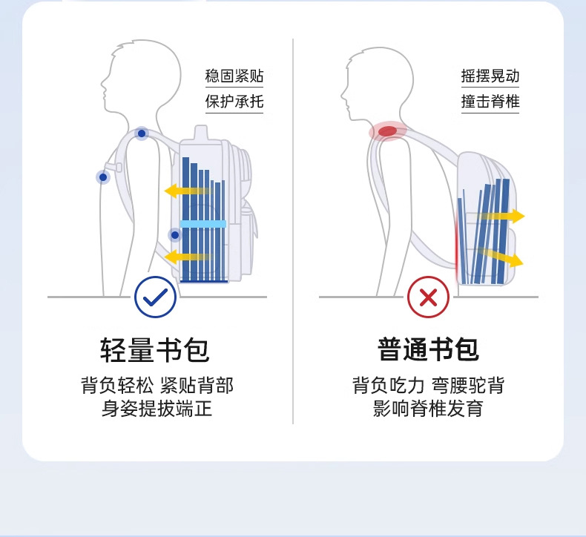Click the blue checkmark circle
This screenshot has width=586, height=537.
[156, 297]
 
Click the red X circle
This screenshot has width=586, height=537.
[428, 297]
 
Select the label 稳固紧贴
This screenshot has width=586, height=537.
[234, 76]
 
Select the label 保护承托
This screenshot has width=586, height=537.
[234, 102]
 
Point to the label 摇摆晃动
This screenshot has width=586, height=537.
[490, 76]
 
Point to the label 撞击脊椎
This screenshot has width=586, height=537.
[490, 102]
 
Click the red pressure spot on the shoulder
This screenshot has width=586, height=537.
[387, 131]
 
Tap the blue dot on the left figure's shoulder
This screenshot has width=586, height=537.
[142, 134]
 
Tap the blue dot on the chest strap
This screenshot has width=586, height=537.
[102, 177]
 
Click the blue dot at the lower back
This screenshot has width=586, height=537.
[175, 235]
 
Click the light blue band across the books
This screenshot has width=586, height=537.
[203, 223]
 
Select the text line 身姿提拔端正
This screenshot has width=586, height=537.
[156, 409]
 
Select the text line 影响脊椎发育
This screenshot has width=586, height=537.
[428, 409]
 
